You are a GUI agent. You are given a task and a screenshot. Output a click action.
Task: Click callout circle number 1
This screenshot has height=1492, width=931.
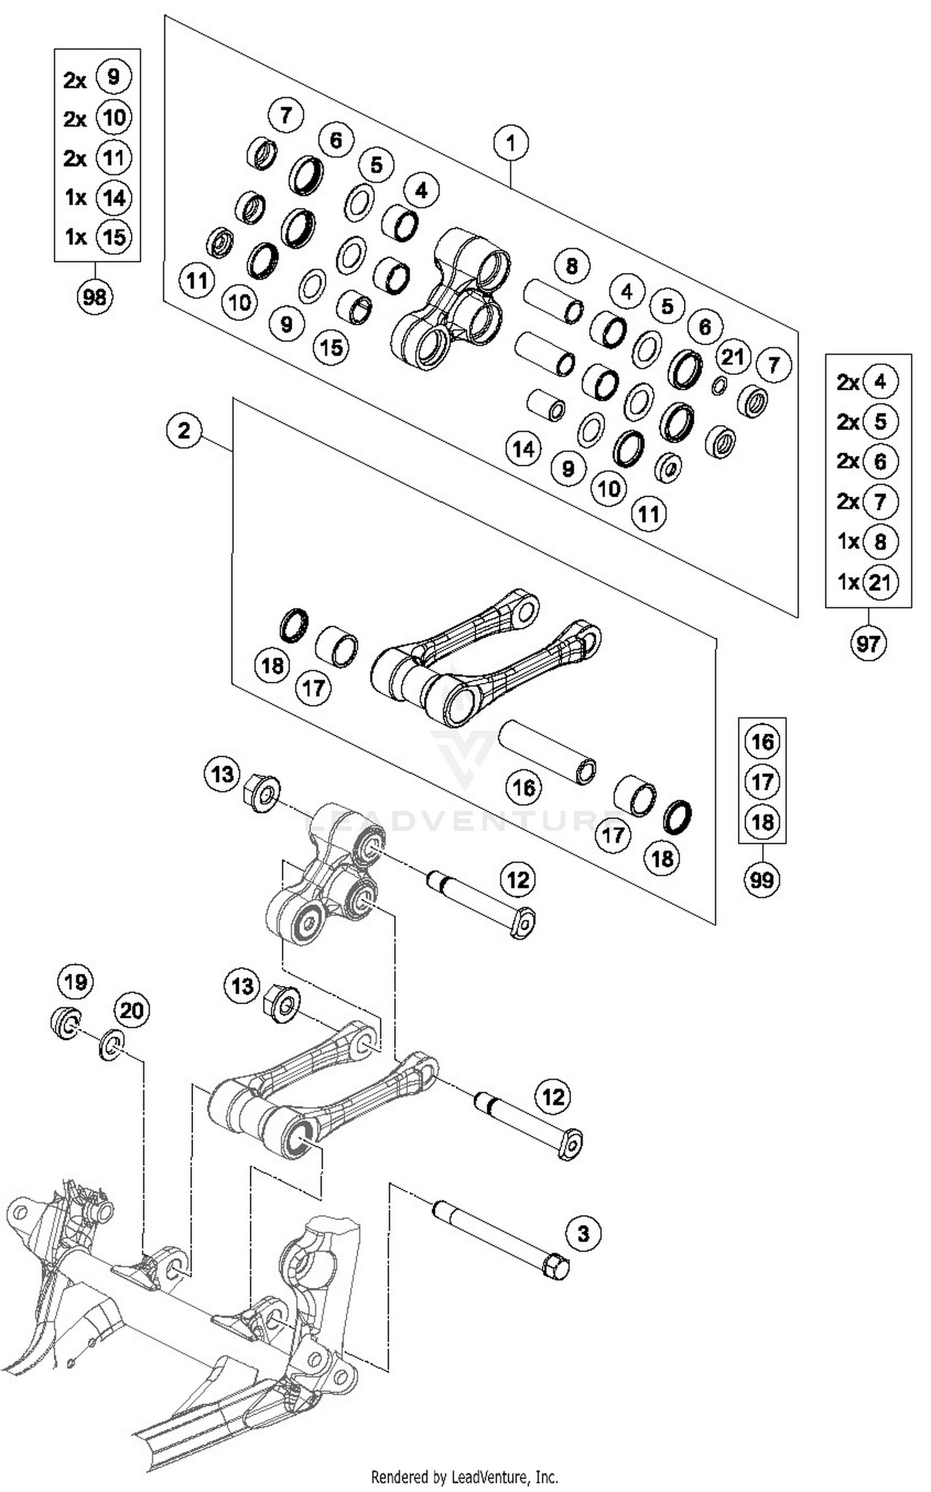(510, 143)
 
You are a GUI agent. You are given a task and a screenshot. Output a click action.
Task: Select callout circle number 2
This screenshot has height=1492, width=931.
(184, 430)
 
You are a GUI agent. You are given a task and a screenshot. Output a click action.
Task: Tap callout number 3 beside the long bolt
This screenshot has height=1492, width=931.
(583, 1233)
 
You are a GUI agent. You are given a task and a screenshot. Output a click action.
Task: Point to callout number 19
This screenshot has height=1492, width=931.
(75, 982)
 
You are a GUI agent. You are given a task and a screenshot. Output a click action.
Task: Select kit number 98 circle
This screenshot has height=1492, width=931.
(95, 297)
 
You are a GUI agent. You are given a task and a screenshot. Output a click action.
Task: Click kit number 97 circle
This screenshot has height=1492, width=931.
(868, 644)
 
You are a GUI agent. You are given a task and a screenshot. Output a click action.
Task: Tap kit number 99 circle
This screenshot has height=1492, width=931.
(762, 879)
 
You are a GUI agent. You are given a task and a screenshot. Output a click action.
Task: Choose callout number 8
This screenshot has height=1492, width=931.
(572, 266)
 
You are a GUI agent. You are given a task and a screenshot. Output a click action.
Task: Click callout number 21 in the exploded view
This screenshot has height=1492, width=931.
(732, 357)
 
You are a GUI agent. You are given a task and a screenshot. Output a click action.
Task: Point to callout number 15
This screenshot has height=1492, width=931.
(331, 348)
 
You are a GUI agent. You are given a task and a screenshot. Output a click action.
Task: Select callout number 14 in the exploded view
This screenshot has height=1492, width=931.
(523, 449)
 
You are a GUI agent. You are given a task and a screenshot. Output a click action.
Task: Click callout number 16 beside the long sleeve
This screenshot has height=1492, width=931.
(523, 788)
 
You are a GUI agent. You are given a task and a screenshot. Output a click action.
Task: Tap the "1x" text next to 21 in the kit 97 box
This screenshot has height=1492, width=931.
(848, 582)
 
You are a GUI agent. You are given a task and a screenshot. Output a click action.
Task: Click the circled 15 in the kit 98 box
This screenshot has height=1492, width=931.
(114, 237)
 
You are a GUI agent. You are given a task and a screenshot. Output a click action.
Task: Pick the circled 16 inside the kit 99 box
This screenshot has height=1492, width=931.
(762, 742)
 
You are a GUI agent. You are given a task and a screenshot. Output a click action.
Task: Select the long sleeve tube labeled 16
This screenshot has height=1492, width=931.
(546, 752)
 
